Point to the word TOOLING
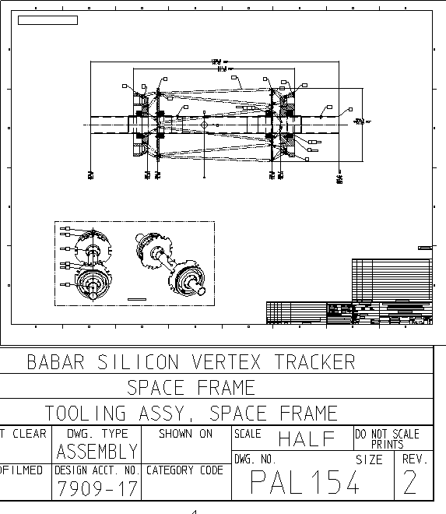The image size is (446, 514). click(82, 413)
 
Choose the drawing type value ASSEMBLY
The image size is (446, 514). click(97, 451)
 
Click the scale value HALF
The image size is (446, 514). click(306, 438)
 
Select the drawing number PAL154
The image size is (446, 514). click(305, 483)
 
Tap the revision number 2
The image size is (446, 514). click(410, 484)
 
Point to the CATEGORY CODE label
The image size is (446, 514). click(185, 470)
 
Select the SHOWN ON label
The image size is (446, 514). click(185, 434)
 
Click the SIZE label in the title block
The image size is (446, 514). click(369, 459)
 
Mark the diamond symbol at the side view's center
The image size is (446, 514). click(204, 124)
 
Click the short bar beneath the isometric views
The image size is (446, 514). click(136, 299)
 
